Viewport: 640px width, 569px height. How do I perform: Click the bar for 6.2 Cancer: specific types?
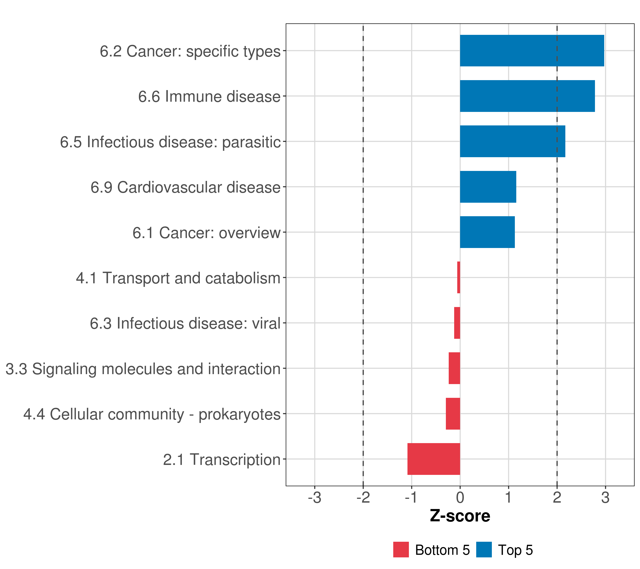pyautogui.click(x=532, y=51)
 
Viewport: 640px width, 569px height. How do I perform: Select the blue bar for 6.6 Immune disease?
pyautogui.click(x=527, y=96)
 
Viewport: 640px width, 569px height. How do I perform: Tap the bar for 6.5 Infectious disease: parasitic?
pyautogui.click(x=512, y=141)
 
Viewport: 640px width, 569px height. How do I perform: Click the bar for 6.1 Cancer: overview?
pyautogui.click(x=487, y=232)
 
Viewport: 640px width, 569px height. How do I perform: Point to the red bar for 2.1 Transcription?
pyautogui.click(x=434, y=459)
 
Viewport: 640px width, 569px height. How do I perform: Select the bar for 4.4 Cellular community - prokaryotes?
pyautogui.click(x=453, y=414)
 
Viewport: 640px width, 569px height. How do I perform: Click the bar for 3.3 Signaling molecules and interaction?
pyautogui.click(x=454, y=368)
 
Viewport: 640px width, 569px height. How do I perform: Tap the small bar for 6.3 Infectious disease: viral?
pyautogui.click(x=457, y=323)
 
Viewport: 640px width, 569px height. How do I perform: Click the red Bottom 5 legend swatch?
pyautogui.click(x=401, y=550)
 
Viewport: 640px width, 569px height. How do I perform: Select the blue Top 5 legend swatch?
pyautogui.click(x=484, y=550)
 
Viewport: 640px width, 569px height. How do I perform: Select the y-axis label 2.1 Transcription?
pyautogui.click(x=222, y=460)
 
